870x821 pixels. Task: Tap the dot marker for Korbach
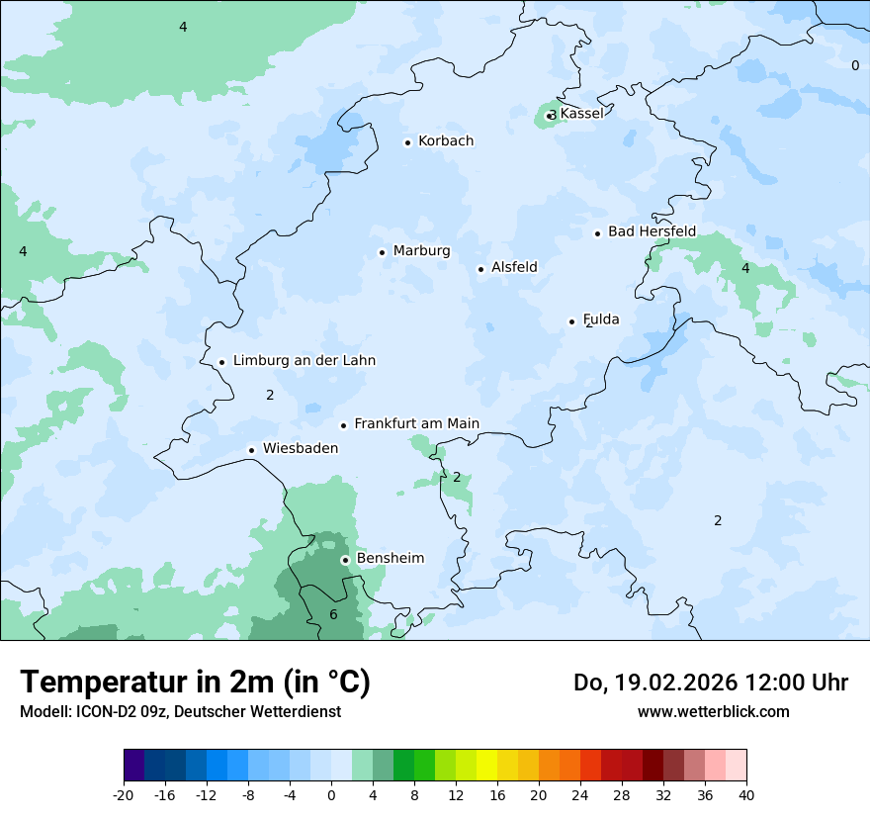[x=407, y=142]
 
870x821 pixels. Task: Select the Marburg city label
[x=421, y=251]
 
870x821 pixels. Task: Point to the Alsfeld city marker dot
[x=480, y=269]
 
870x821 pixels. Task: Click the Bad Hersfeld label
[x=652, y=231]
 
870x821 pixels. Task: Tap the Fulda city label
[x=601, y=319]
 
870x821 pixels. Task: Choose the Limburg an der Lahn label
[x=304, y=361]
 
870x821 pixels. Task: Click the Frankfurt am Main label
[x=416, y=423]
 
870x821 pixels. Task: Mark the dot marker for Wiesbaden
[x=252, y=450]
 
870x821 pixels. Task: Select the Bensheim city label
[x=390, y=558]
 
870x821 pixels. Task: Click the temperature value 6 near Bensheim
[x=333, y=614]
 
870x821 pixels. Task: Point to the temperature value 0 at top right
[x=855, y=65]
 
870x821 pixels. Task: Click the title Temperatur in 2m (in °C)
[x=195, y=682]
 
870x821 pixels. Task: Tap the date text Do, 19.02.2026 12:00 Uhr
[x=710, y=683]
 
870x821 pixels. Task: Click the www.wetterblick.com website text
[x=713, y=711]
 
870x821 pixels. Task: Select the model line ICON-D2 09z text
[x=180, y=711]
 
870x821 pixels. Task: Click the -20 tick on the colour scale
[x=124, y=794]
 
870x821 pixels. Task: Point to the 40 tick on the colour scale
[x=745, y=794]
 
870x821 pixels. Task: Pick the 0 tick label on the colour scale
[x=331, y=794]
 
